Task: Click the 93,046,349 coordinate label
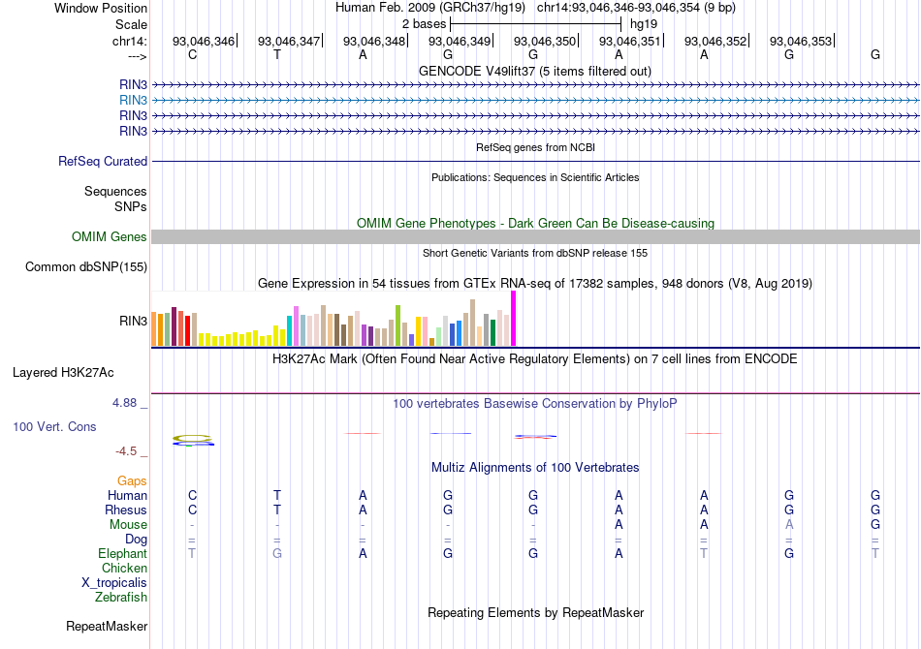(460, 42)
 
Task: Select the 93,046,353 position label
(801, 42)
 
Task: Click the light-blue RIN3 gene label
(133, 100)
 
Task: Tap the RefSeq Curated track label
(103, 162)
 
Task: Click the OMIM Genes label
(110, 237)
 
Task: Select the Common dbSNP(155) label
(86, 267)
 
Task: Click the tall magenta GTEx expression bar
(513, 318)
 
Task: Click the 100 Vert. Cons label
(55, 427)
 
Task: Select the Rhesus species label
(126, 510)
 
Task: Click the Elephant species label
(123, 554)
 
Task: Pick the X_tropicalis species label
(114, 583)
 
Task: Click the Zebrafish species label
(121, 598)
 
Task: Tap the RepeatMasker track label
(107, 627)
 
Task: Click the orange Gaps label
(132, 481)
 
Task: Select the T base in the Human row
(277, 496)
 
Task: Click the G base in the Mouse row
(875, 525)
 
